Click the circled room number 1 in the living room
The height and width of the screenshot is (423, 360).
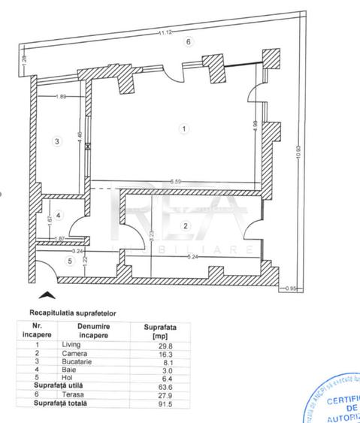[x=183, y=128]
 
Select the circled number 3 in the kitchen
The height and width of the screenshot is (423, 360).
[x=56, y=140]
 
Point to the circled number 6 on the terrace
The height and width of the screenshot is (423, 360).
[x=189, y=42]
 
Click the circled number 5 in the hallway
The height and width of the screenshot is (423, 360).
[x=70, y=261]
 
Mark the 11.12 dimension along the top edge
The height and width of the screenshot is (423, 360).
[x=163, y=32]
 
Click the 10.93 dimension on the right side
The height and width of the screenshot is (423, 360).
[x=298, y=150]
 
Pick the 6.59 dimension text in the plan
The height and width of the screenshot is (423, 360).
[x=175, y=181]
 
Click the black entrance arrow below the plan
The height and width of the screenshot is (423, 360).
[x=46, y=297]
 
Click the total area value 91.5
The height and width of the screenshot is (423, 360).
[x=155, y=403]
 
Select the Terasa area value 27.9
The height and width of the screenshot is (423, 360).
[x=155, y=394]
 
